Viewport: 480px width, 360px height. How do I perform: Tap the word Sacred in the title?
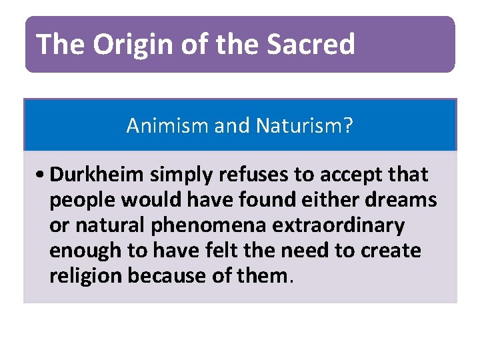[311, 45]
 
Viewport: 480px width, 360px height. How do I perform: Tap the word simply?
[175, 175]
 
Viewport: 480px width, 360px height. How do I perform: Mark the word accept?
[341, 175]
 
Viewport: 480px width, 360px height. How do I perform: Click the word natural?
[106, 225]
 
